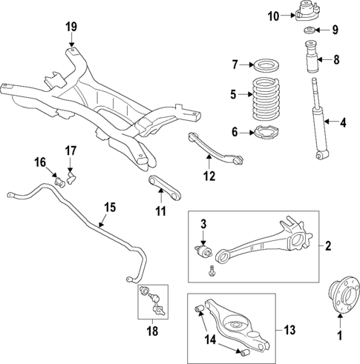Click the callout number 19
click(71, 28)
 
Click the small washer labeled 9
click(310, 31)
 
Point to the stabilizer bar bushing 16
click(60, 180)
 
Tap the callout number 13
click(289, 329)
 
